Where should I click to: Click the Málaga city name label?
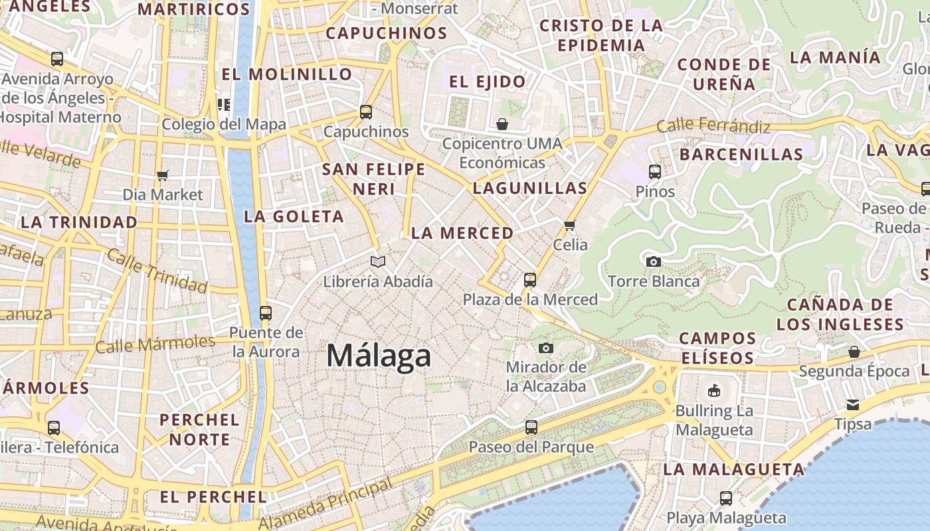coord(379,356)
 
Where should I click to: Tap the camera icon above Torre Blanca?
coord(654,262)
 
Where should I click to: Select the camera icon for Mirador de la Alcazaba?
coord(546,348)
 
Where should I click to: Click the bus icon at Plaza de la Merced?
coord(529,280)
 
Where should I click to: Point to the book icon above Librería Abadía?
coord(378,262)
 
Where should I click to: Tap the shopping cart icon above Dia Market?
coord(163,175)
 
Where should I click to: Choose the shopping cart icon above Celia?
coord(569,225)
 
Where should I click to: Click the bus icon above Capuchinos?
coord(366,112)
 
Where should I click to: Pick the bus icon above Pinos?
coord(655,172)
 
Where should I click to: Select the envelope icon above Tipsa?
coord(853,404)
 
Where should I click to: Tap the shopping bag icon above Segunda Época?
coord(854,351)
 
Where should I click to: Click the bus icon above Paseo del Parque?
coord(531,427)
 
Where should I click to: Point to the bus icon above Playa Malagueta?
coord(726,498)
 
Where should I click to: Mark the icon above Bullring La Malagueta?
coord(714,390)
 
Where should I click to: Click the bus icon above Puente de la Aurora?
coord(266,313)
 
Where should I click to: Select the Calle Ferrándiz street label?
coord(713,125)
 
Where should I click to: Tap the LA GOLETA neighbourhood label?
coord(294,216)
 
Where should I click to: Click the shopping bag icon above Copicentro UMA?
coord(502,124)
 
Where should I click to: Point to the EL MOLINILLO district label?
coord(287,74)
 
